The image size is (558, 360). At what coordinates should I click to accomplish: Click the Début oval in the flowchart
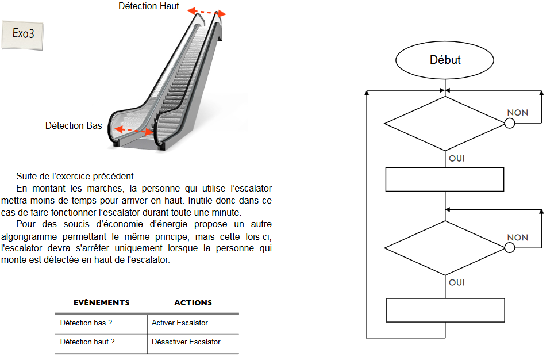coord(445,60)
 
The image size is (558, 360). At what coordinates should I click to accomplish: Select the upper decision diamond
coord(445,123)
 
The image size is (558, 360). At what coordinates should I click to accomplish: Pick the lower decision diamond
coord(445,247)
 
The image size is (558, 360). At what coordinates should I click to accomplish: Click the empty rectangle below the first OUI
coord(445,179)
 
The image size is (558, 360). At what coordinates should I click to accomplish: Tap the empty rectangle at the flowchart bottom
coord(445,310)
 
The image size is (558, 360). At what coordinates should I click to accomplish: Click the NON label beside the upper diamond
coord(517,113)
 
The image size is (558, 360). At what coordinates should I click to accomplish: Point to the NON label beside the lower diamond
coord(517,238)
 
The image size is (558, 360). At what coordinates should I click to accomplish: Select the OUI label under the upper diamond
coord(456,158)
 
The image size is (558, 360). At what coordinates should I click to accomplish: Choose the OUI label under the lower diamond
coord(456,282)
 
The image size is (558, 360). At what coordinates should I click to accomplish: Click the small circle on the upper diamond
coord(509,123)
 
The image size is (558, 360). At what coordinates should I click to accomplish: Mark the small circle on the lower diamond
coord(509,247)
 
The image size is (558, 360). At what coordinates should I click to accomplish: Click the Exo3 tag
coord(24,33)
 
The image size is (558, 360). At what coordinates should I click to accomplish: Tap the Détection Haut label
coord(149,6)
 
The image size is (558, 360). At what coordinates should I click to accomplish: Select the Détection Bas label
coord(74,125)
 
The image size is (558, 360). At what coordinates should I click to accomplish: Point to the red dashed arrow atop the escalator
coord(207,12)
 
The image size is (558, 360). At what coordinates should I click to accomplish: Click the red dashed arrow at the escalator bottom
coord(134,131)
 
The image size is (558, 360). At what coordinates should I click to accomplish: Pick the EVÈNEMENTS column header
coord(101,302)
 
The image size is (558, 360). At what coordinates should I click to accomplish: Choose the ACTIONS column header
coord(193,302)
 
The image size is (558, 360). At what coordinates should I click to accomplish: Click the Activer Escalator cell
coord(180,323)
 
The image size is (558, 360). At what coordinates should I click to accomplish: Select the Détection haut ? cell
coord(87,342)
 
